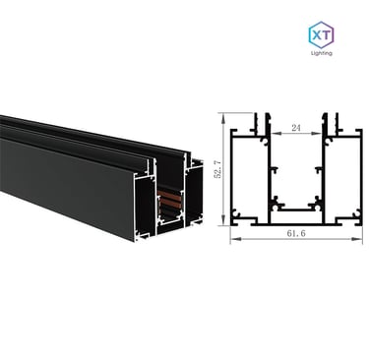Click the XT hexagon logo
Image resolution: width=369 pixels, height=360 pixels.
point(321,34)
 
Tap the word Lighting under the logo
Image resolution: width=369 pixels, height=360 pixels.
point(322,53)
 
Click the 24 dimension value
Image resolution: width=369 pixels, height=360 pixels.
point(296,128)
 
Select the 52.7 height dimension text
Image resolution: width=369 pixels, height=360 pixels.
point(217,169)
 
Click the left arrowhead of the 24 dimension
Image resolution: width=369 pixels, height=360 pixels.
point(275,133)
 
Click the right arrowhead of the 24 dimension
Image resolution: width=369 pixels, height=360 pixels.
point(318,133)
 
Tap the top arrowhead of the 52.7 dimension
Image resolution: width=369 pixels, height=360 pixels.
point(223,117)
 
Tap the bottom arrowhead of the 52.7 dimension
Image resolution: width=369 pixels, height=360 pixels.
point(223,220)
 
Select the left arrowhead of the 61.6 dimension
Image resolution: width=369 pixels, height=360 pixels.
point(234,239)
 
